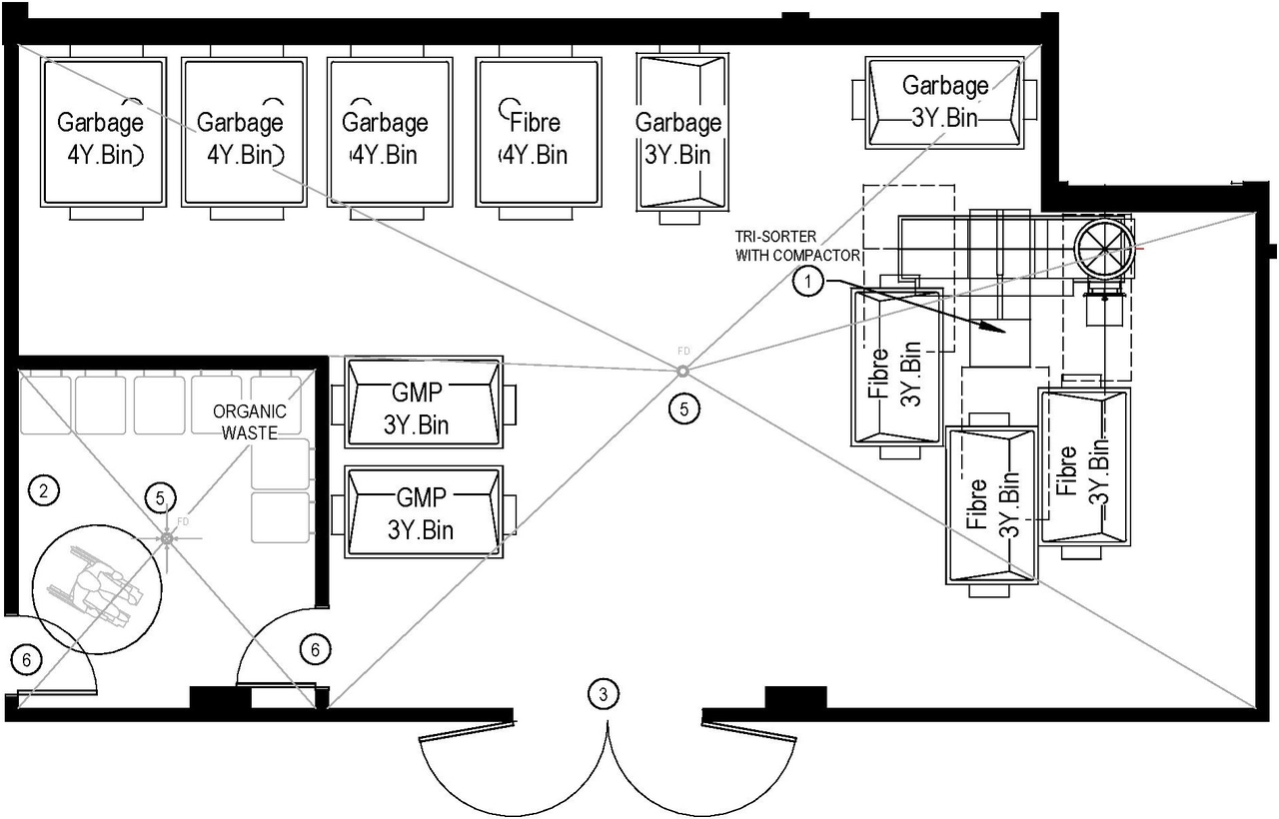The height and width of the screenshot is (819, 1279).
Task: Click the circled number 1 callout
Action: pos(808,284)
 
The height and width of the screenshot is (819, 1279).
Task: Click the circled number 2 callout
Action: pos(43,490)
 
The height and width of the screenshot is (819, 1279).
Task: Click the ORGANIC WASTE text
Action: pos(249,421)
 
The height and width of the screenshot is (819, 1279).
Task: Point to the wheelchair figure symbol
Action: pos(96,594)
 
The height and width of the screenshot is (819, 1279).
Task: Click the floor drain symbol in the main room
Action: pos(682,372)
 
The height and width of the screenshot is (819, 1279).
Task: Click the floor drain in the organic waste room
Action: pos(167,538)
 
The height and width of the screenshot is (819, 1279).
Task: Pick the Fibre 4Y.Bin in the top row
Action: pos(538,133)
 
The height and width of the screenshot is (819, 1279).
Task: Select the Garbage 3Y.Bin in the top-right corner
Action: pos(944,102)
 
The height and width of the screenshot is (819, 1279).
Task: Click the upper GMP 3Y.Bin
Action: pos(421,402)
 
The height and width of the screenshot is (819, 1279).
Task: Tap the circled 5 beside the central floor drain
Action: pos(683,408)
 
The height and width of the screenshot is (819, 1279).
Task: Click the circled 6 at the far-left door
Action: pos(27,659)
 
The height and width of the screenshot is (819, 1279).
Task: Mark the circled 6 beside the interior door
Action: pos(315,650)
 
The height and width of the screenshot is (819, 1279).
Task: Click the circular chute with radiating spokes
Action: pos(1104,246)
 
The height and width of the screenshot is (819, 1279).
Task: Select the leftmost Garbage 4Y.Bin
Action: pos(102,133)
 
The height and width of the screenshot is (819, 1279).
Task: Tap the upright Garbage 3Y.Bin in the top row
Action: pos(679,133)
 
